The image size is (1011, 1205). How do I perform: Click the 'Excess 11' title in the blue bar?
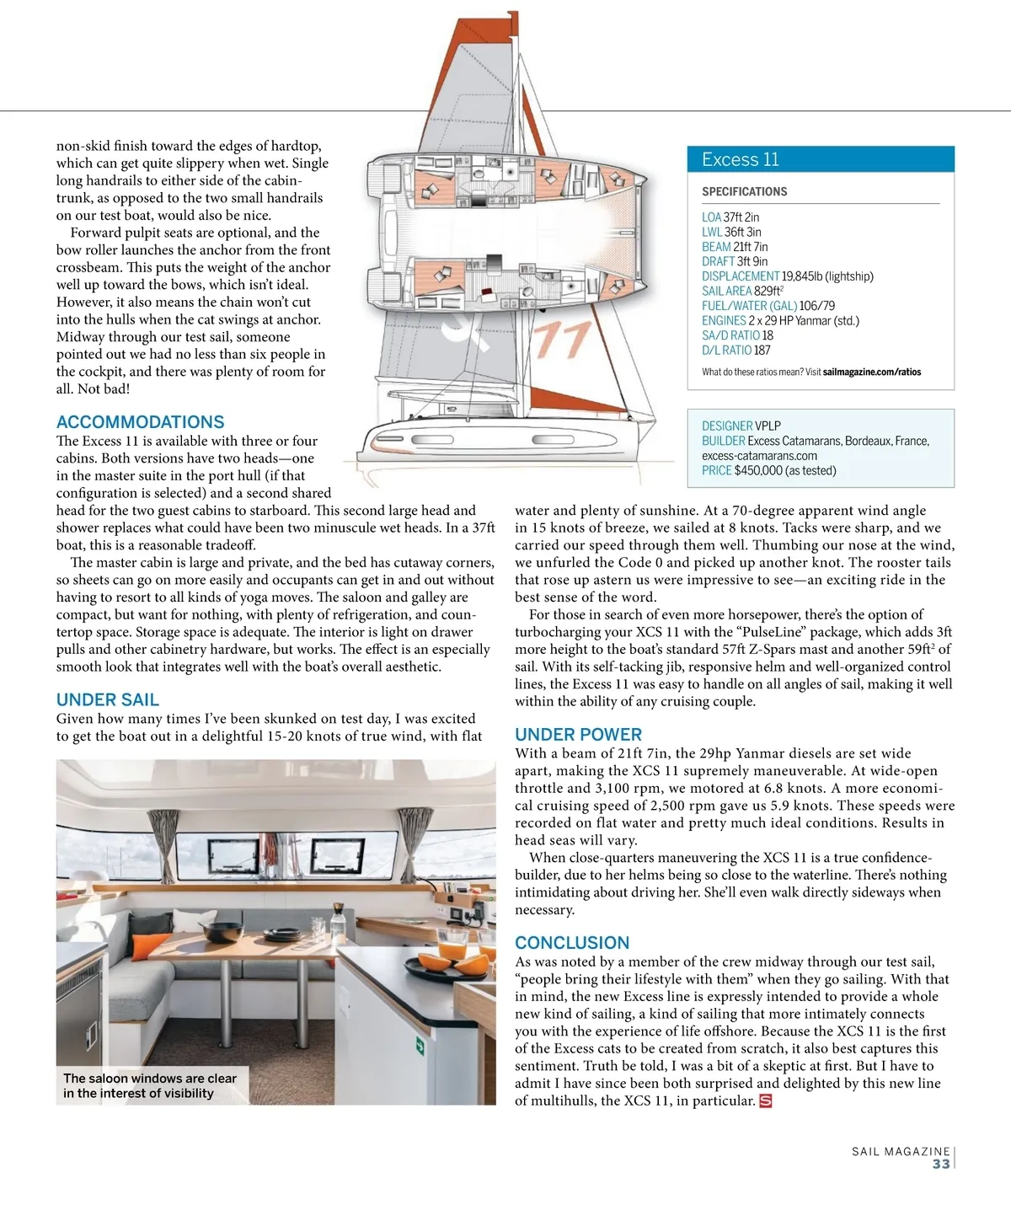pyautogui.click(x=740, y=159)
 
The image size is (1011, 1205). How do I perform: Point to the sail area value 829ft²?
pyautogui.click(x=768, y=291)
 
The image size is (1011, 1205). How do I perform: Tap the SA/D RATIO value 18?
pyautogui.click(x=768, y=335)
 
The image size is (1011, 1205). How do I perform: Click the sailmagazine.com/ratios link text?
pyautogui.click(x=871, y=372)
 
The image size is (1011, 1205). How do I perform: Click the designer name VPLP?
pyautogui.click(x=768, y=426)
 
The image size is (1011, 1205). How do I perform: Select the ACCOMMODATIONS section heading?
pyautogui.click(x=140, y=422)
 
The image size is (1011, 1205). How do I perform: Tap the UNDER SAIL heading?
pyautogui.click(x=107, y=699)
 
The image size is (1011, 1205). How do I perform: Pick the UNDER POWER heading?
pyautogui.click(x=578, y=734)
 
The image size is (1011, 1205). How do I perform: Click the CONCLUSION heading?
pyautogui.click(x=572, y=942)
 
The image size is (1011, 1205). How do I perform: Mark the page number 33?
pyautogui.click(x=940, y=1164)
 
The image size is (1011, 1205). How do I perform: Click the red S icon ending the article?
pyautogui.click(x=765, y=1101)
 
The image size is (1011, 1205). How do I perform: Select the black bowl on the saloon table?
pyautogui.click(x=217, y=931)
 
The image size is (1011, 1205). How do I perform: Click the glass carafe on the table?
pyautogui.click(x=338, y=924)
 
